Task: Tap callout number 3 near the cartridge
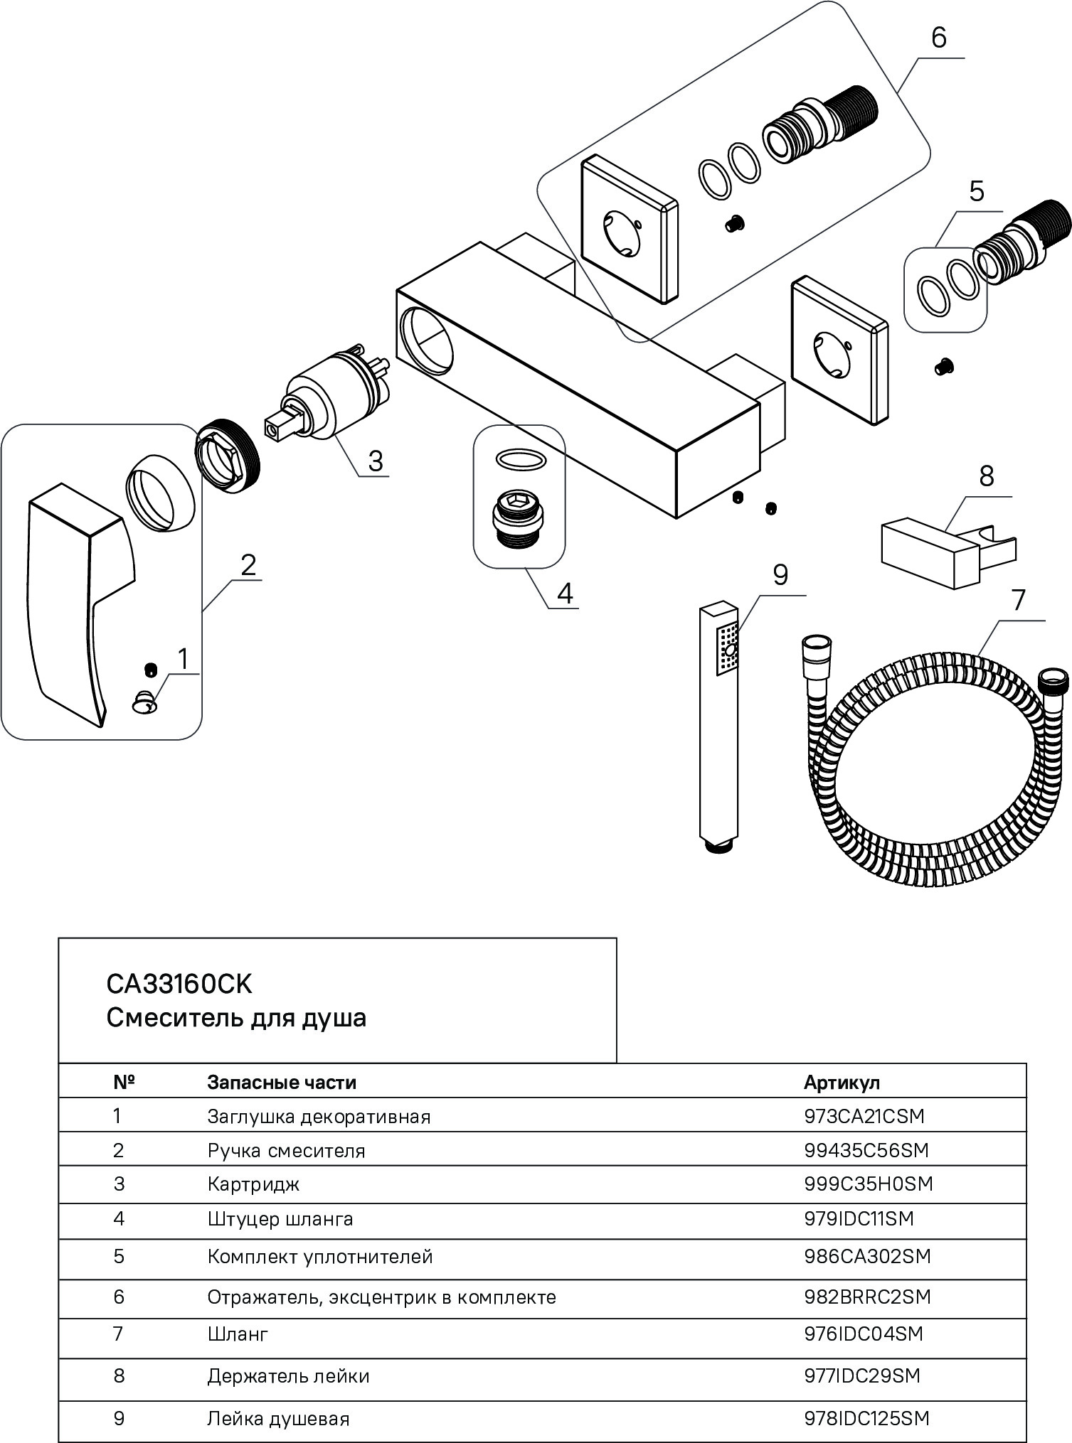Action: pyautogui.click(x=376, y=461)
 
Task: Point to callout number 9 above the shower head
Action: pyautogui.click(x=780, y=574)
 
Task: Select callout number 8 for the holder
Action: pyautogui.click(x=986, y=476)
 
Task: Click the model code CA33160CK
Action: pyautogui.click(x=179, y=984)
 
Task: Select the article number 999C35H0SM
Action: pyautogui.click(x=868, y=1184)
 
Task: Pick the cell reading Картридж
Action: pyautogui.click(x=253, y=1184)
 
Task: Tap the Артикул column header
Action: pyautogui.click(x=842, y=1082)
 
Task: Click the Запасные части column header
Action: pyautogui.click(x=282, y=1082)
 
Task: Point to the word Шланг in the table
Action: pyautogui.click(x=238, y=1334)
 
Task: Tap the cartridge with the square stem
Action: pyautogui.click(x=324, y=405)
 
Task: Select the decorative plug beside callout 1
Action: pyautogui.click(x=143, y=703)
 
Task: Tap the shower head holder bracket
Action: pyautogui.click(x=946, y=555)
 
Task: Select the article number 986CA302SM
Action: pyautogui.click(x=867, y=1256)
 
